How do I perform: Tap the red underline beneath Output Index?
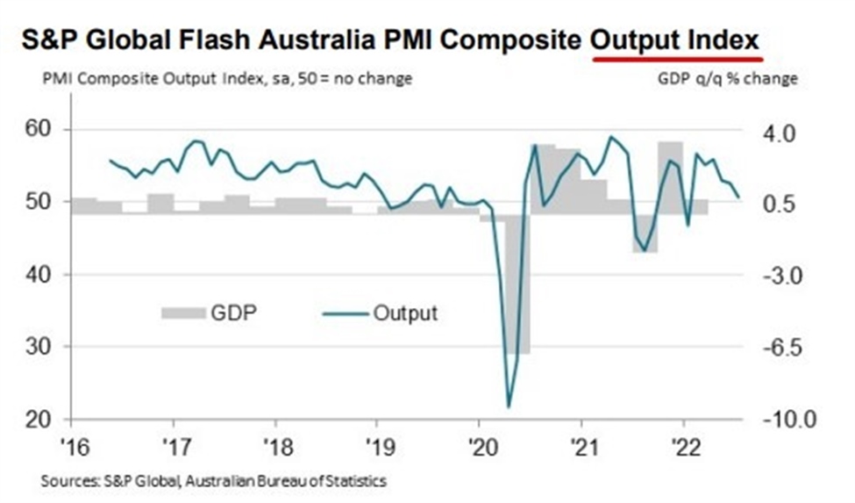tap(677, 59)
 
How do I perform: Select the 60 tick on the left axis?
tap(36, 130)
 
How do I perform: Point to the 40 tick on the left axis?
tap(36, 274)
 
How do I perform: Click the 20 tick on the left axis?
tap(36, 419)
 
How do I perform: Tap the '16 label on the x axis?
tap(73, 443)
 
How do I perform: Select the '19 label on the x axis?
tap(377, 443)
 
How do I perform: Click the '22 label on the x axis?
tap(682, 443)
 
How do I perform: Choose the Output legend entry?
tap(377, 313)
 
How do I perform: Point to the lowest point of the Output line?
tap(509, 406)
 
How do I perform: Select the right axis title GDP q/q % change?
tap(729, 79)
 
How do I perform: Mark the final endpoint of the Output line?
tap(738, 197)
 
